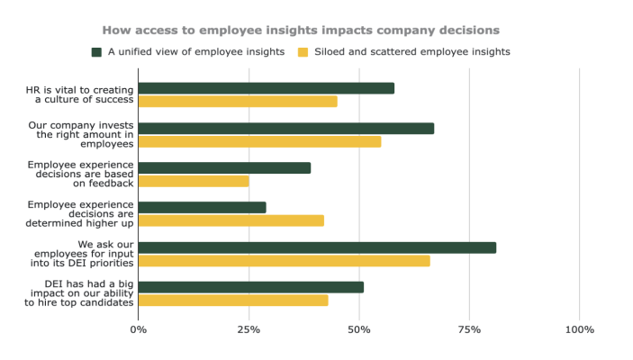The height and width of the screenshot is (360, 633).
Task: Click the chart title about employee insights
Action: coord(312,30)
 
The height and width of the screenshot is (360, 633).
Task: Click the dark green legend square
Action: coord(96,52)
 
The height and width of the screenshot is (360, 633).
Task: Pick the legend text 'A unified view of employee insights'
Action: coord(195,52)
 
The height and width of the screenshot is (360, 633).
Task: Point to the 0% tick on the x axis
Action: coord(139,329)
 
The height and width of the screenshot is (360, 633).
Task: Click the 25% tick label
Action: coord(249,329)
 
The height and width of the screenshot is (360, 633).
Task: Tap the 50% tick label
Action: coord(359,329)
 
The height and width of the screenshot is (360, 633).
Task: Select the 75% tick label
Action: coord(469,329)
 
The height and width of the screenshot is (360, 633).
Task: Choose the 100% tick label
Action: coord(579,329)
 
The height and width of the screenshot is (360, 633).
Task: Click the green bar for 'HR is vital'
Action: coord(267,88)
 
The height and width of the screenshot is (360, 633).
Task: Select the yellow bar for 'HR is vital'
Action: coord(238,102)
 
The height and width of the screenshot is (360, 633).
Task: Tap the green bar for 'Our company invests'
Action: coord(286,128)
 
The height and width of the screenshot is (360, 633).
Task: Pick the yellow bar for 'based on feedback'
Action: coord(194,181)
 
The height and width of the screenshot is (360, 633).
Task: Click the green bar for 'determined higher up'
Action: coord(203,207)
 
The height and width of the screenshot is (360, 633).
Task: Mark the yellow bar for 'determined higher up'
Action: coord(231,220)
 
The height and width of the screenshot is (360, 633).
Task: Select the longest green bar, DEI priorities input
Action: coord(317,247)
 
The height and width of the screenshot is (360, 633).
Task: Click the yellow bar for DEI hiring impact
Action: coord(233,301)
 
